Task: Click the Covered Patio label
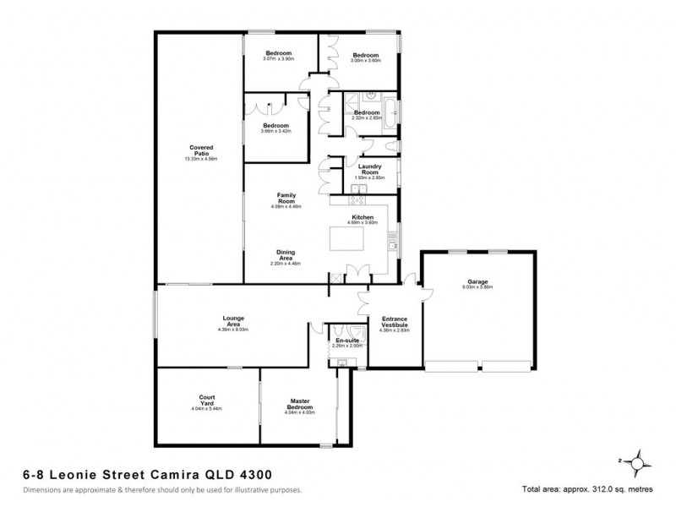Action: (x=201, y=151)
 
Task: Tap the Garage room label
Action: (x=477, y=282)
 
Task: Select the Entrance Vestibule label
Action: (x=395, y=322)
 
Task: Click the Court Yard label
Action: (x=207, y=401)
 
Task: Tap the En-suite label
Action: (x=346, y=340)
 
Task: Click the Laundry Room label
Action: (x=370, y=169)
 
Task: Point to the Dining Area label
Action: (x=286, y=254)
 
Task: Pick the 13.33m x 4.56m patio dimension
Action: (x=201, y=160)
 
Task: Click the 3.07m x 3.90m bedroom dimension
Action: (x=278, y=59)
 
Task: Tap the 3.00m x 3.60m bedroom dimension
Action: (x=367, y=61)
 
